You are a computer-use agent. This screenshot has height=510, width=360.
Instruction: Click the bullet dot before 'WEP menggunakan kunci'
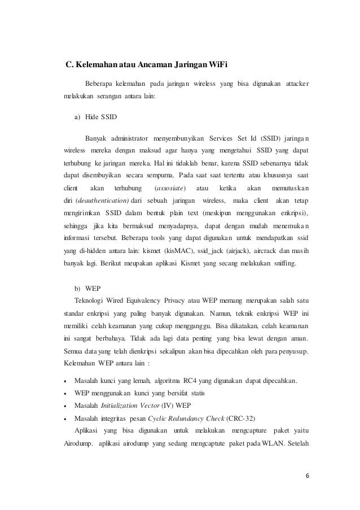(67, 393)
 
